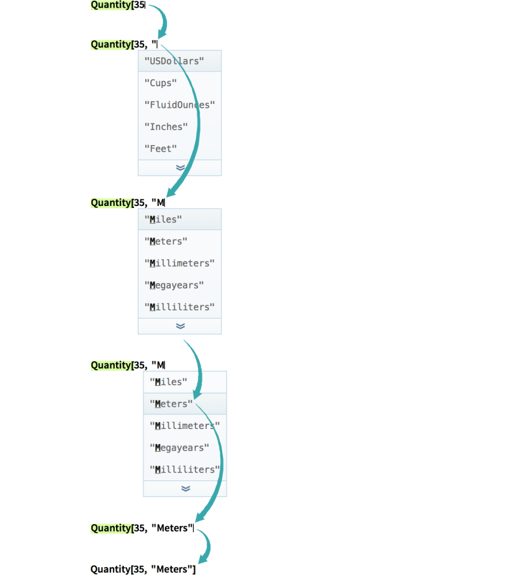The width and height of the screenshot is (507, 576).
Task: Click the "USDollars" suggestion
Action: [x=174, y=61]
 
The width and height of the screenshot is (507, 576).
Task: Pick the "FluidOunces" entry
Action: [x=180, y=105]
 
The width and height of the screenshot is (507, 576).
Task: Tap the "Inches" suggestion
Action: [x=166, y=127]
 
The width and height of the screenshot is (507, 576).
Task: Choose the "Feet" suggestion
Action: [x=161, y=148]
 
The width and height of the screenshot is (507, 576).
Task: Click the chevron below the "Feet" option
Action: [x=180, y=168]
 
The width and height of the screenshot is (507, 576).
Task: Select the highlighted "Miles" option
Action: [x=164, y=219]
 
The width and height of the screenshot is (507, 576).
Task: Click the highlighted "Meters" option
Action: [x=171, y=404]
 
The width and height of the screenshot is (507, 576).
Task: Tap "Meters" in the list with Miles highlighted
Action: [x=166, y=241]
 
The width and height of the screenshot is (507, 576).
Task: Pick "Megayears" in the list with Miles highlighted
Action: [x=174, y=285]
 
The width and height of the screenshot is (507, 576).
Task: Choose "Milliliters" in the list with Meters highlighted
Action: [x=185, y=470]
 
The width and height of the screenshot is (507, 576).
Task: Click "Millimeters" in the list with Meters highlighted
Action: [x=185, y=426]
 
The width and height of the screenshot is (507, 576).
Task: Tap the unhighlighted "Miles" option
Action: [x=169, y=381]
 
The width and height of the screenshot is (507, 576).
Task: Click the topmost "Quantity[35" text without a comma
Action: [x=118, y=6]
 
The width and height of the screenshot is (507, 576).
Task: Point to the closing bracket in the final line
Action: [x=194, y=570]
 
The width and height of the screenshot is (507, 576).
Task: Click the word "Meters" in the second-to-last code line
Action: [x=172, y=528]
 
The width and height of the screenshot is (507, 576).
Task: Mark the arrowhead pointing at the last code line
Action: [x=202, y=560]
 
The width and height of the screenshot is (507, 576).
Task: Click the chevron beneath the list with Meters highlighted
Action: [x=185, y=489]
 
